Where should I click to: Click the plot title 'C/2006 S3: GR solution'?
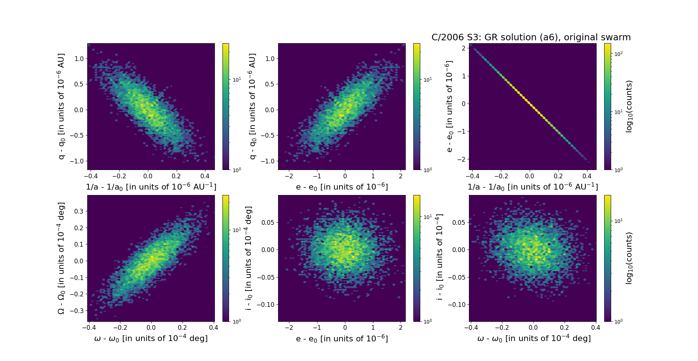pyautogui.click(x=531, y=37)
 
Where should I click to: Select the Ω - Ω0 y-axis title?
pyautogui.click(x=61, y=258)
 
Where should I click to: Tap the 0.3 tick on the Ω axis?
pyautogui.click(x=79, y=211)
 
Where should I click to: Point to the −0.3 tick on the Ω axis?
pyautogui.click(x=77, y=311)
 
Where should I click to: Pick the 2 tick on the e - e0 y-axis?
pyautogui.click(x=463, y=48)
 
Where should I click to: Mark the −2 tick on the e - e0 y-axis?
pyautogui.click(x=461, y=159)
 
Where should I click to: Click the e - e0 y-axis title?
pyautogui.click(x=449, y=106)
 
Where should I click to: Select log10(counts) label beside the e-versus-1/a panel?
pyautogui.click(x=629, y=106)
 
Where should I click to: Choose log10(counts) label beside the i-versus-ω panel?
pyautogui.click(x=629, y=258)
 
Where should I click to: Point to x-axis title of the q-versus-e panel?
pyautogui.click(x=342, y=187)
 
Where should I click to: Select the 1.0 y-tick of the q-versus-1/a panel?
pyautogui.click(x=79, y=59)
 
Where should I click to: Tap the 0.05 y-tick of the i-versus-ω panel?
pyautogui.click(x=458, y=222)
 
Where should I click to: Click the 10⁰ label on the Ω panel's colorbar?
pyautogui.click(x=237, y=321)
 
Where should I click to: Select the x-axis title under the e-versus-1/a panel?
pyautogui.click(x=533, y=187)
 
